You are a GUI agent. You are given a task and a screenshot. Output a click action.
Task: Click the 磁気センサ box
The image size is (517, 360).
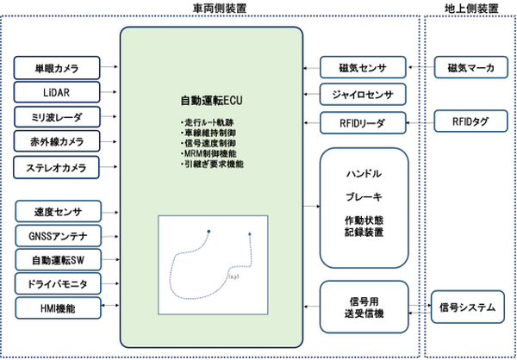pyautogui.click(x=363, y=67)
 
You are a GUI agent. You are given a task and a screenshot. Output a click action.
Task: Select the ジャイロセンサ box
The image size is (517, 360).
pyautogui.click(x=363, y=94)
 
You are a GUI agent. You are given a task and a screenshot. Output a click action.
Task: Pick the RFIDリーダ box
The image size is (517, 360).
pyautogui.click(x=363, y=121)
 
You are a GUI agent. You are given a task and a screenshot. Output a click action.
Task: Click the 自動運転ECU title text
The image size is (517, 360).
pyautogui.click(x=212, y=100)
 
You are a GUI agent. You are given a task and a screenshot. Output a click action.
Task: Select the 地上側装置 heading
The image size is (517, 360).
pyautogui.click(x=470, y=8)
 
